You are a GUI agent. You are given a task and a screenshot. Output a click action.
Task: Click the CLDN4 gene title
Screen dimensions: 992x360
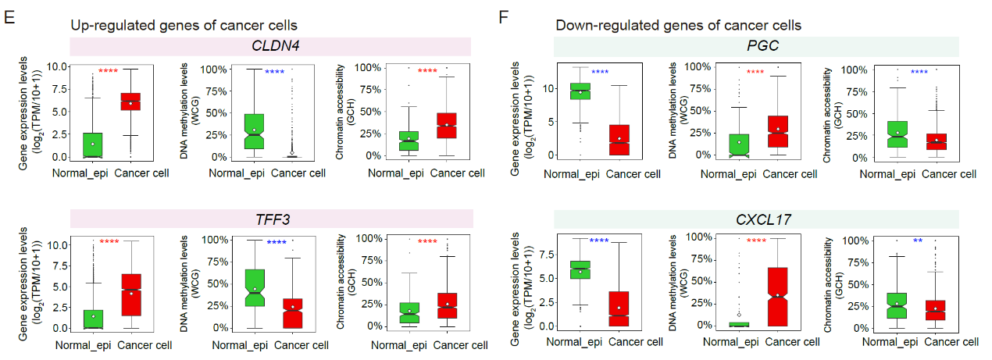click(276, 45)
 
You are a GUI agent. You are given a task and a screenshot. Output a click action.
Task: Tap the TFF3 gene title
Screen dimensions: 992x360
click(273, 219)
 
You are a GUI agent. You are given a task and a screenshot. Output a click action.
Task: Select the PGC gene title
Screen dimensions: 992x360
click(762, 45)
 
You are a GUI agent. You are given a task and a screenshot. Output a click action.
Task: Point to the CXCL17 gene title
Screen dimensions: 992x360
click(763, 219)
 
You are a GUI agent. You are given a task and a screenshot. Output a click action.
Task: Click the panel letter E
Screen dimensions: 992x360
click(9, 18)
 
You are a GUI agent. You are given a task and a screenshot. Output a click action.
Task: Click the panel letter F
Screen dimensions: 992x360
click(503, 18)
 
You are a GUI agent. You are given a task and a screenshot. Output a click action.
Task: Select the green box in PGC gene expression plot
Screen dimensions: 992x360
click(580, 91)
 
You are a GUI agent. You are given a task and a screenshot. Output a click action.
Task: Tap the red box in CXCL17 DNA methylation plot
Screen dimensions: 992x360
click(778, 297)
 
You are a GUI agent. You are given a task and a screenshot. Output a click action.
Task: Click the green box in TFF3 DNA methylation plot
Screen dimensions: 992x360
click(255, 288)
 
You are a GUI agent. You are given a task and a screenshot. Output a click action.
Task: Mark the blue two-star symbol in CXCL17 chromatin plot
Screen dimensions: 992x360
click(918, 241)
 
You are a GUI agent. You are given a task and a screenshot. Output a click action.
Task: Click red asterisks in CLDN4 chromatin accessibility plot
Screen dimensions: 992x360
click(427, 70)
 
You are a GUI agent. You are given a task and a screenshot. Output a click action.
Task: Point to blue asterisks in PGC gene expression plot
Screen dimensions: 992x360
click(600, 71)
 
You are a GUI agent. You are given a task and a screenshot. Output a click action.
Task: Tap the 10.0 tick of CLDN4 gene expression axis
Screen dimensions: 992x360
click(57, 67)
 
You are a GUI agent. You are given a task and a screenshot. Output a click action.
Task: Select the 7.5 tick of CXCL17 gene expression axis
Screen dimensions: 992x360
click(547, 255)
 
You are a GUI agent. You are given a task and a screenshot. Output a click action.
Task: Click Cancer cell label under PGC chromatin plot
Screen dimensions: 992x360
click(949, 174)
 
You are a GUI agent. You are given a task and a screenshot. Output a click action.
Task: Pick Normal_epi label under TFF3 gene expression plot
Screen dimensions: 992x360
click(83, 345)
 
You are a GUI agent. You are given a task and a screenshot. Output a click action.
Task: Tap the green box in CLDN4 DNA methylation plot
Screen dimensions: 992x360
click(254, 131)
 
